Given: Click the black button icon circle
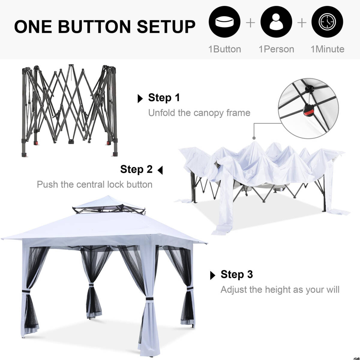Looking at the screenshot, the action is pyautogui.click(x=225, y=22).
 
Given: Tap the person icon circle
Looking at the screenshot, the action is pyautogui.click(x=276, y=22).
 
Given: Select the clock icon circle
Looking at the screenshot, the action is pyautogui.click(x=327, y=22).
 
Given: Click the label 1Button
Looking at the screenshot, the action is pyautogui.click(x=225, y=49).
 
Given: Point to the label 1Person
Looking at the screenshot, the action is pyautogui.click(x=276, y=49).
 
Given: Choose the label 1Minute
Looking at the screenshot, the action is pyautogui.click(x=327, y=49).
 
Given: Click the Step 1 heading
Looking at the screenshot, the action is pyautogui.click(x=164, y=97).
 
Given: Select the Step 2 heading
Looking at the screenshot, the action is pyautogui.click(x=136, y=169).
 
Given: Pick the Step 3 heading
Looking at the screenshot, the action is pyautogui.click(x=237, y=274).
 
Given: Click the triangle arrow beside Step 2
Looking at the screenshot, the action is pyautogui.click(x=160, y=170).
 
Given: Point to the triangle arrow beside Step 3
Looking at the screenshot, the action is pyautogui.click(x=213, y=275).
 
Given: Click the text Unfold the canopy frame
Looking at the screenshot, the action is pyautogui.click(x=199, y=113).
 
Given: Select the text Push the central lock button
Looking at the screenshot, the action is pyautogui.click(x=94, y=184).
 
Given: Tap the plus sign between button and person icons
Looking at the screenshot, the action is pyautogui.click(x=250, y=23).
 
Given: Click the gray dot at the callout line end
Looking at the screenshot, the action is pyautogui.click(x=254, y=138).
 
